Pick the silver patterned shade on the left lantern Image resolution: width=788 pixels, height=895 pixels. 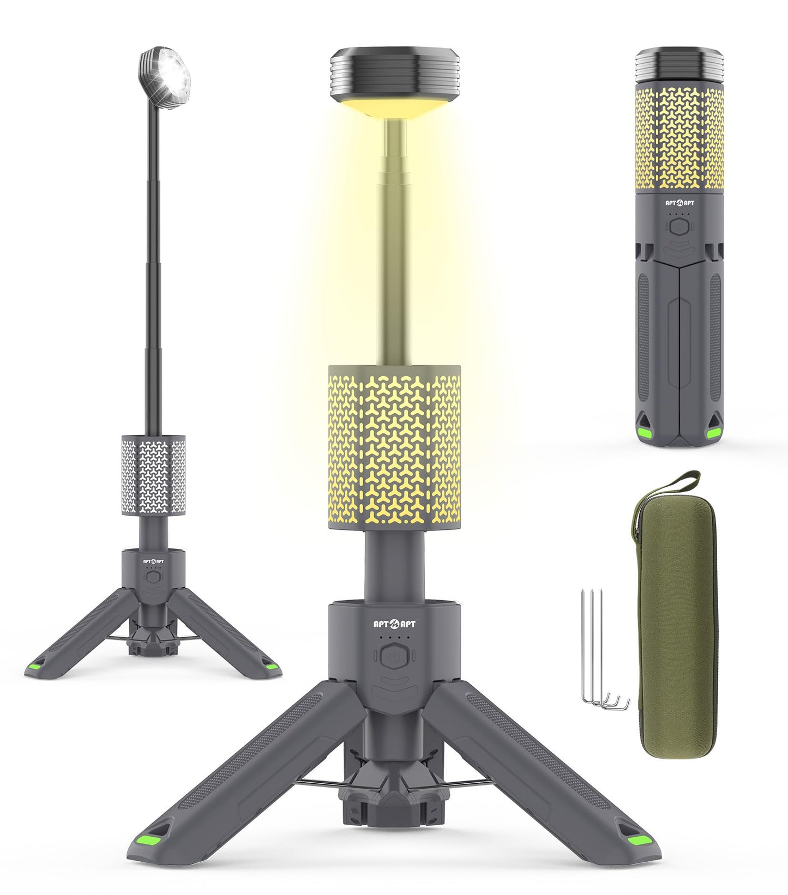click(153, 475)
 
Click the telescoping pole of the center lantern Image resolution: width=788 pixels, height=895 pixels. click(393, 245)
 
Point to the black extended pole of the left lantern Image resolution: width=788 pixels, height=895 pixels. click(152, 273)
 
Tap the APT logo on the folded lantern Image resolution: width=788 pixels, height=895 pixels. click(679, 203)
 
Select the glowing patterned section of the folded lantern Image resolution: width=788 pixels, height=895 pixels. click(679, 139)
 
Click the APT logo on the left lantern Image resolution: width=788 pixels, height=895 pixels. click(153, 560)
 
